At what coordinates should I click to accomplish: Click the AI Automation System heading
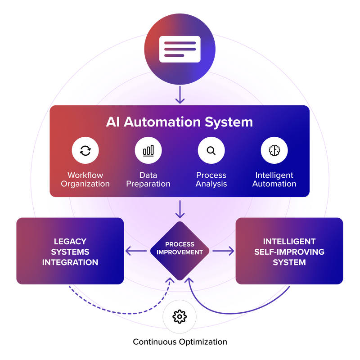click(180, 122)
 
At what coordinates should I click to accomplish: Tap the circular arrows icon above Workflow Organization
click(85, 151)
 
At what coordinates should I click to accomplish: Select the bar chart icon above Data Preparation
click(148, 151)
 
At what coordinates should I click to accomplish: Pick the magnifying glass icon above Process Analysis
click(211, 151)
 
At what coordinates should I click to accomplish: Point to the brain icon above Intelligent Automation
click(274, 151)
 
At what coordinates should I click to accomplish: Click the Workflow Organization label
click(85, 179)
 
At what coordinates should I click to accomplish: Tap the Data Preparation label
click(148, 179)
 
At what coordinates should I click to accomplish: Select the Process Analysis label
click(211, 179)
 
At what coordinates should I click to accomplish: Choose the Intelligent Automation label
click(274, 179)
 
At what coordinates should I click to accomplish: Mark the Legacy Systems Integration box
click(70, 251)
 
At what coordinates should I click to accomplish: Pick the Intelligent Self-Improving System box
click(289, 251)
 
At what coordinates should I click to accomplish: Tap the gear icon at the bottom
click(180, 317)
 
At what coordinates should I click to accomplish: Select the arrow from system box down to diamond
click(180, 209)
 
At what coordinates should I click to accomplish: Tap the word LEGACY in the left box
click(70, 242)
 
